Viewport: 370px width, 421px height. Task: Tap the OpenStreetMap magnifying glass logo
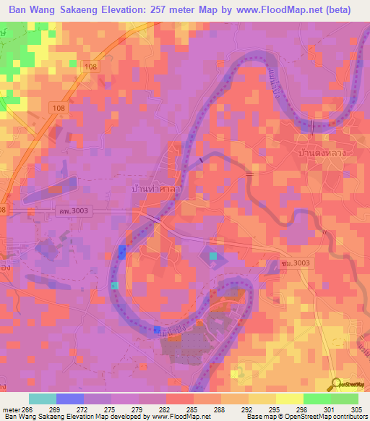(x=335, y=383)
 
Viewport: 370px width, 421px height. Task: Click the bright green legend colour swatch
(x=317, y=399)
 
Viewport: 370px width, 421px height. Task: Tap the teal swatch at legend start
(x=43, y=399)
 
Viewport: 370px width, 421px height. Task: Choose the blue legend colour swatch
(x=70, y=399)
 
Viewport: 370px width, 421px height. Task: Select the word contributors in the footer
(x=345, y=417)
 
